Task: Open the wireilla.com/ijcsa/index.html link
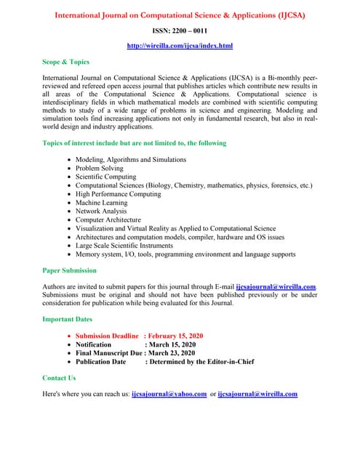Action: click(180, 46)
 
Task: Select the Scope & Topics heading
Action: click(66, 62)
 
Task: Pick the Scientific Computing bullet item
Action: click(106, 177)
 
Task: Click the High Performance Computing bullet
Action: click(119, 194)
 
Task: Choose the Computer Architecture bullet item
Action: click(108, 220)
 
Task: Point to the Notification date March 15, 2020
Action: click(170, 344)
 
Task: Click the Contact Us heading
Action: click(60, 378)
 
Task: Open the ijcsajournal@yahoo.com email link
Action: click(169, 395)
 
